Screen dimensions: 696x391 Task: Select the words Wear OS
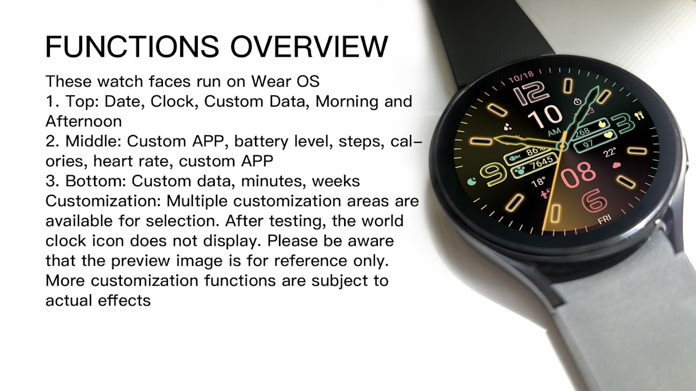[x=285, y=81]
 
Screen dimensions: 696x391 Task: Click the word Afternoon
[x=84, y=121]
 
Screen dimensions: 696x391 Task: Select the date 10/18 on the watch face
[x=521, y=77]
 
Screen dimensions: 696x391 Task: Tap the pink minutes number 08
[x=578, y=174]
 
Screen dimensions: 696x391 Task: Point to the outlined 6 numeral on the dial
[x=594, y=200]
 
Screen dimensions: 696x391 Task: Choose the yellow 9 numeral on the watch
[x=494, y=174]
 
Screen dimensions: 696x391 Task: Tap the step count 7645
[x=541, y=164]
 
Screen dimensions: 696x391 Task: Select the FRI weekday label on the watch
[x=604, y=219]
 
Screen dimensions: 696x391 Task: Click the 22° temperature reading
[x=610, y=152]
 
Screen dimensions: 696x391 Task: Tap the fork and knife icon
[x=639, y=115]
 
